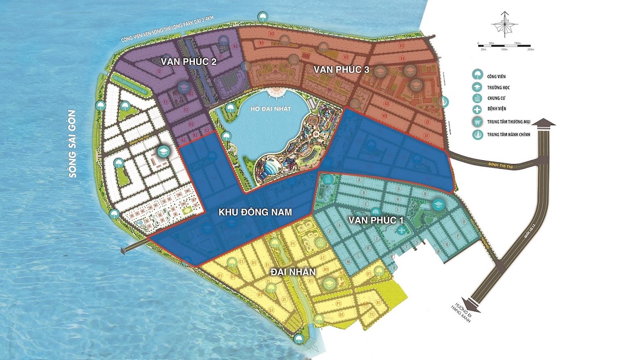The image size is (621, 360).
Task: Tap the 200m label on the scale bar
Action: (x=529, y=50)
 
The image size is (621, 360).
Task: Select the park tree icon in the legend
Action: (x=476, y=74)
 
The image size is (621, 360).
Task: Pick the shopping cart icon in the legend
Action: (x=476, y=123)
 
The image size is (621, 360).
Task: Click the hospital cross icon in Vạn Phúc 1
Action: (x=402, y=230)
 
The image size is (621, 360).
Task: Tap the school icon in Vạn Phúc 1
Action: (x=437, y=204)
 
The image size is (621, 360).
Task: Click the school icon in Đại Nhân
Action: (x=329, y=283)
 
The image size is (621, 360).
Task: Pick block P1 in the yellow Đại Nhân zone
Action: (x=337, y=300)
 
